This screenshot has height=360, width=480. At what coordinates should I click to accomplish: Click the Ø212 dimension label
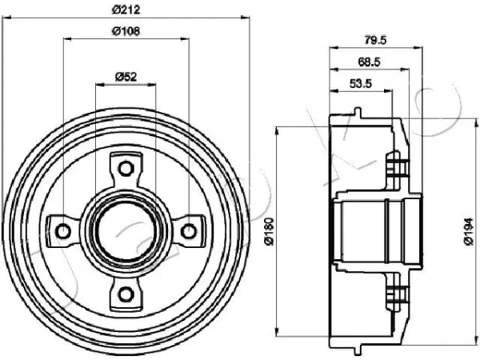tap(126, 10)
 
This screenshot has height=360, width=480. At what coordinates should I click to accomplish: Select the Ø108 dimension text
tap(126, 31)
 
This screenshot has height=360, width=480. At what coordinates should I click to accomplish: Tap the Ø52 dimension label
tap(126, 77)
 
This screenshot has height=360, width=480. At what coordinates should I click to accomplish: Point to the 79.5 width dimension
tap(376, 40)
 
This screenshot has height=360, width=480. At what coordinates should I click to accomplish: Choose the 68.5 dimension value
tap(369, 62)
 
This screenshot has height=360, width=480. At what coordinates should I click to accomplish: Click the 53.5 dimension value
tap(361, 83)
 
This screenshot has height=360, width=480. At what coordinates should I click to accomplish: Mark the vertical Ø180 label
tap(269, 231)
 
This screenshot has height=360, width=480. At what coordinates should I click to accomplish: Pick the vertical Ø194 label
tap(469, 231)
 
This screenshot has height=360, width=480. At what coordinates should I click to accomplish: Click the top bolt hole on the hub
tap(126, 168)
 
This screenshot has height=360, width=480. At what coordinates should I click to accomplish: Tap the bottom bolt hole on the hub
tap(126, 294)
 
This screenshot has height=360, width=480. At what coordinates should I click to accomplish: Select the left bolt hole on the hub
tap(64, 231)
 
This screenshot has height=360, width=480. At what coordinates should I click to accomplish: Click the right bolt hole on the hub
tap(189, 231)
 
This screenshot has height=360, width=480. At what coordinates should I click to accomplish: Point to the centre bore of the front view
tap(126, 231)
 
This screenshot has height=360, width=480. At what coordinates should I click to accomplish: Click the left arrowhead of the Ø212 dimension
tap(6, 18)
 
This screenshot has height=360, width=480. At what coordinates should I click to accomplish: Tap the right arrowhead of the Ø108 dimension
tap(185, 39)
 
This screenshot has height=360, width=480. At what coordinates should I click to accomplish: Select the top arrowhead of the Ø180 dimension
tap(278, 130)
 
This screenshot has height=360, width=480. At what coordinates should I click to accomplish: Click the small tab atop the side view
tap(358, 112)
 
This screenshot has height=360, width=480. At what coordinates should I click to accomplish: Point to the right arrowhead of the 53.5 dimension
tap(388, 90)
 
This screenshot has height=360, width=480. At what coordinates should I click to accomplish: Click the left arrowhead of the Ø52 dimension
tap(100, 84)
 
